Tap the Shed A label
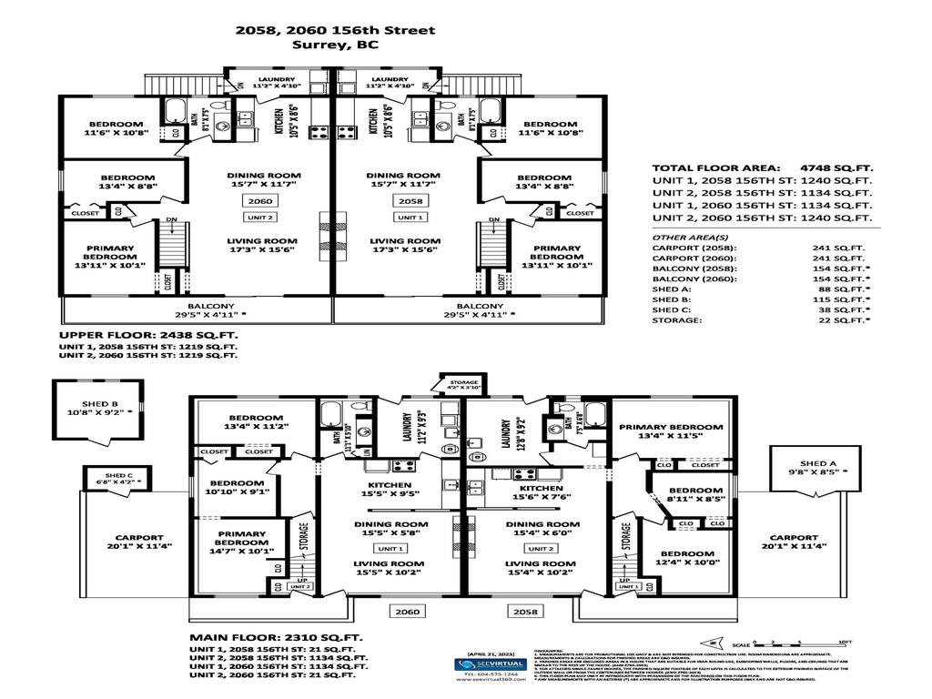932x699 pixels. [x=816, y=467]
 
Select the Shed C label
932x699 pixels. [x=118, y=479]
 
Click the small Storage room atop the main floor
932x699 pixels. [x=459, y=383]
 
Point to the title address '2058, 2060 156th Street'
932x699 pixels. [x=335, y=30]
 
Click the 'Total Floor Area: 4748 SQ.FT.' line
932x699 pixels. [x=762, y=168]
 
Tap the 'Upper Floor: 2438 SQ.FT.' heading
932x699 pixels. [x=149, y=335]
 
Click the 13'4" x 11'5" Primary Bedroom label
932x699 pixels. [x=671, y=432]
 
